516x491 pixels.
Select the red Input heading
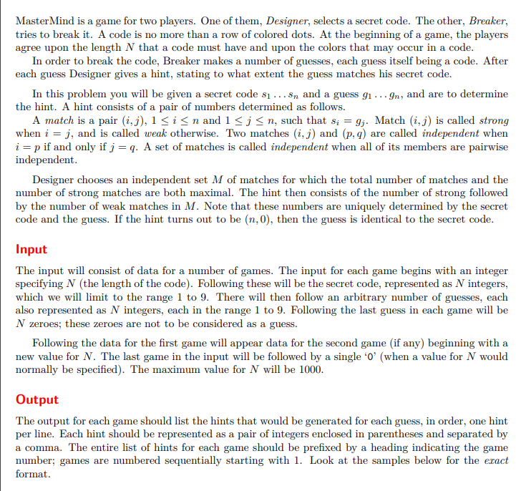click(31, 249)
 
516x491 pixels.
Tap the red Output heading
click(37, 399)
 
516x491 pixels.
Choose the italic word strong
click(494, 120)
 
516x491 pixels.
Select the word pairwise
click(486, 147)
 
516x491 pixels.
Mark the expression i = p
click(26, 147)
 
